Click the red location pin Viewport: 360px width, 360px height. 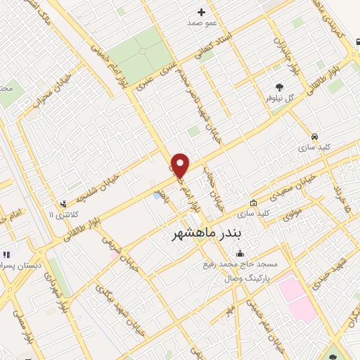pos(181,165)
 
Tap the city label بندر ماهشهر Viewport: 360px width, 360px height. pos(206,232)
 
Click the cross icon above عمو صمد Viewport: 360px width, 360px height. pos(201,11)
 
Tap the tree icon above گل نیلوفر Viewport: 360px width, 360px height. pos(280,87)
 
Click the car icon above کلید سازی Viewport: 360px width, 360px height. pos(314,136)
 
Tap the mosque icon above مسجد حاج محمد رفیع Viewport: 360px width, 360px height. pos(241,254)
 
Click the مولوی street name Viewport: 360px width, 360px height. pos(293,213)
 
